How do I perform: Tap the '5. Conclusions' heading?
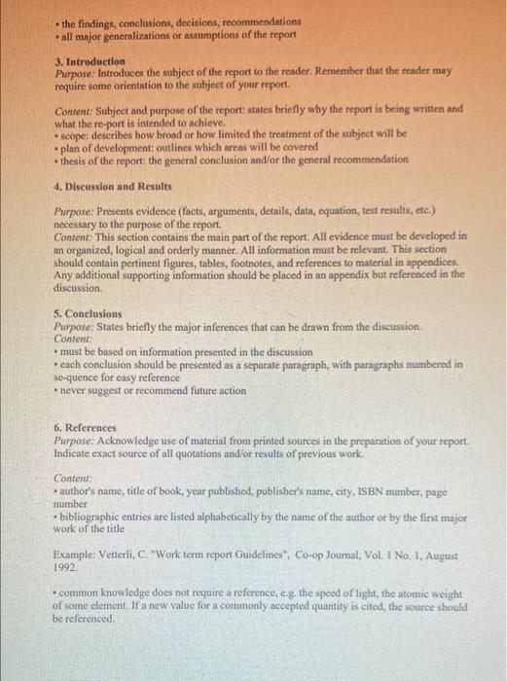point(89,314)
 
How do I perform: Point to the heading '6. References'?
point(86,428)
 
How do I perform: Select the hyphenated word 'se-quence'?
point(82,376)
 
